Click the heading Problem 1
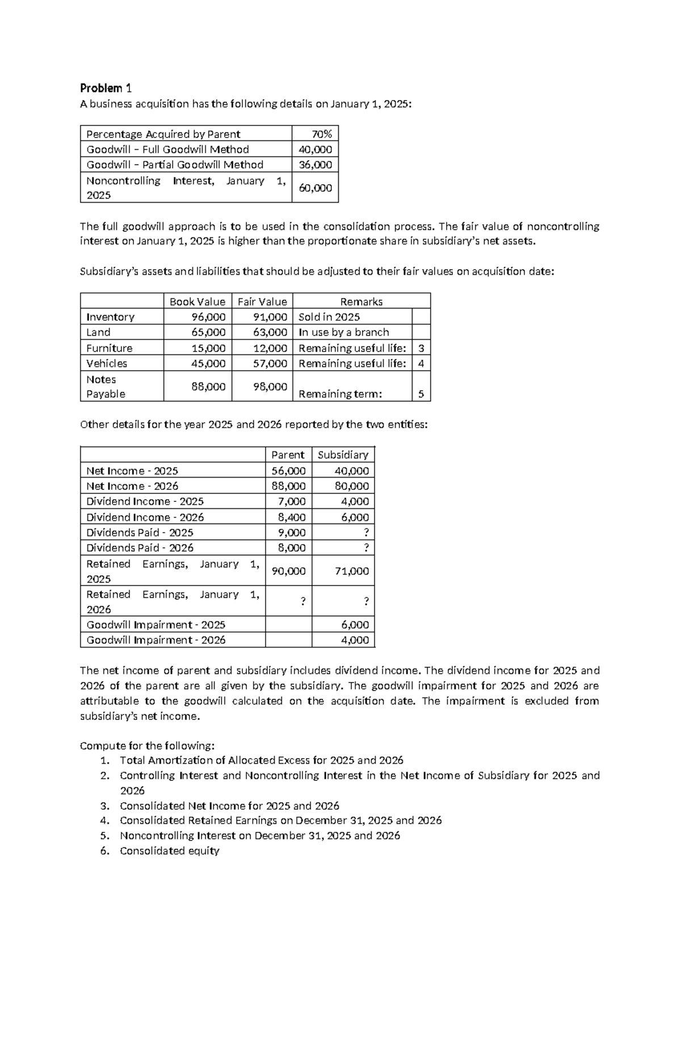106,88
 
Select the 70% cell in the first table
321,134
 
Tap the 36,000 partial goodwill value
316,165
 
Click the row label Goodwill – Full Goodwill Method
167,149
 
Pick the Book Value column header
197,302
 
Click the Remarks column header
361,302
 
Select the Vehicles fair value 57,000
270,363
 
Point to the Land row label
98,332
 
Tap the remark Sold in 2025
329,317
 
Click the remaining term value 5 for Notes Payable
421,394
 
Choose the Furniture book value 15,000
208,348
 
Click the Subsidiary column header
343,455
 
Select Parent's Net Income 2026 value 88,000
288,486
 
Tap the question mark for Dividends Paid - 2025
365,533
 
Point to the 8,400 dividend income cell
292,517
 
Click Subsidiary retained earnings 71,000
351,571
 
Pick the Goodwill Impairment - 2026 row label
155,640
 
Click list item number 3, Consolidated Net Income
229,806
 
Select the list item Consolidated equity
169,851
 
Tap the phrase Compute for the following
147,746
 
